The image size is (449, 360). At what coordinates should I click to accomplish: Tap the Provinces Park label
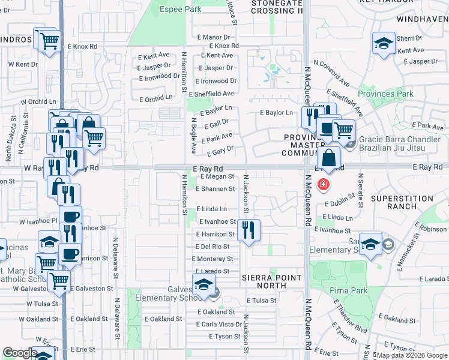point(385,94)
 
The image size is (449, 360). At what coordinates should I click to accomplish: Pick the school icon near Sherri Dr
point(384,43)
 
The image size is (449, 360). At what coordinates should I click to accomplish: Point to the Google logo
point(20,352)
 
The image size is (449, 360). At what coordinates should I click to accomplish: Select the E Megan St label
point(217,176)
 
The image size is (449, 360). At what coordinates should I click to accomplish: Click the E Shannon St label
point(215,188)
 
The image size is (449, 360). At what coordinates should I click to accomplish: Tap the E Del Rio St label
point(212,247)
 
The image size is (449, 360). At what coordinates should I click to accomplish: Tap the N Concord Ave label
point(338,74)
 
